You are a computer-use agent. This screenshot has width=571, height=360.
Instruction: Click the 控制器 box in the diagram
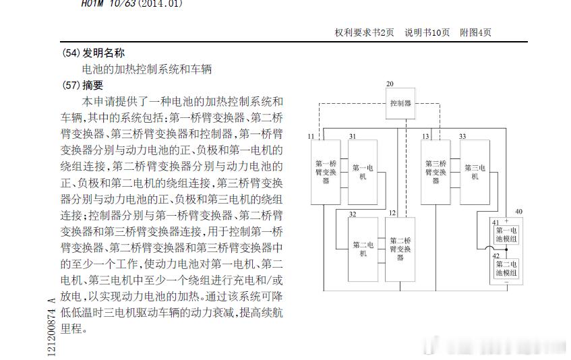pyautogui.click(x=400, y=103)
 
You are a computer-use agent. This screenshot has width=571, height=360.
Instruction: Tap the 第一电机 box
pyautogui.click(x=362, y=172)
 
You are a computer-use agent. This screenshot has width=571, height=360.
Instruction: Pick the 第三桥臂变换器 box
pyautogui.click(x=435, y=172)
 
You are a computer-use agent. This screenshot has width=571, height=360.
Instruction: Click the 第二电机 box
pyautogui.click(x=362, y=249)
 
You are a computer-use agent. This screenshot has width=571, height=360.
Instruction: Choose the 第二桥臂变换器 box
pyautogui.click(x=400, y=249)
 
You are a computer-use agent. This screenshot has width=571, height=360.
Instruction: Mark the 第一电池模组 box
pyautogui.click(x=506, y=234)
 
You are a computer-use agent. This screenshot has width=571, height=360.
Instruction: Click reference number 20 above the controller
pyautogui.click(x=390, y=84)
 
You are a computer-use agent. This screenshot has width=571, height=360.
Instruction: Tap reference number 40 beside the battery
pyautogui.click(x=518, y=212)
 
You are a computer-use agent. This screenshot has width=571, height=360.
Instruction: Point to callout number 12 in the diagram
pyautogui.click(x=392, y=213)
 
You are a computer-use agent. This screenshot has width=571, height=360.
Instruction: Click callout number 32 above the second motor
pyautogui.click(x=353, y=214)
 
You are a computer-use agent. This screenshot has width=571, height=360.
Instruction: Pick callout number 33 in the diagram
pyautogui.click(x=462, y=136)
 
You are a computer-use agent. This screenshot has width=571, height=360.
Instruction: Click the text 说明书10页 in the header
pyautogui.click(x=427, y=32)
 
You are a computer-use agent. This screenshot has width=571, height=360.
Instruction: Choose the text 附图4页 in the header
pyautogui.click(x=475, y=32)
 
